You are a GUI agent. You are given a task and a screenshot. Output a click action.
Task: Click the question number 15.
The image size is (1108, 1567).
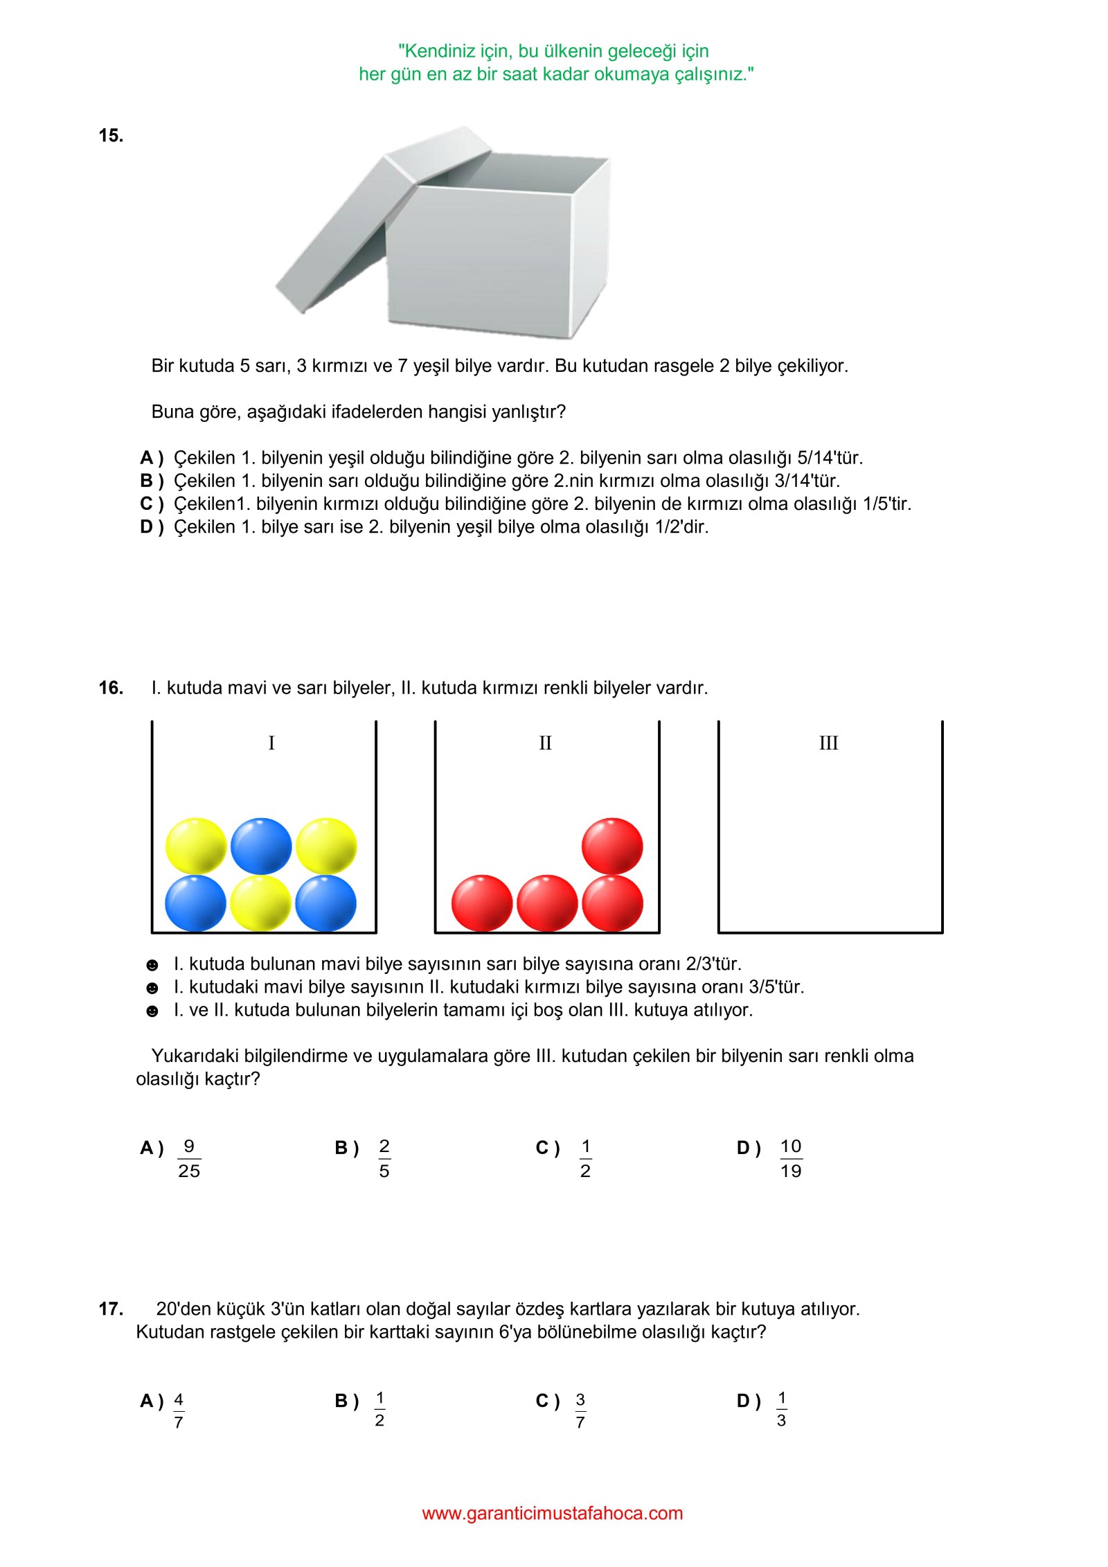pyautogui.click(x=111, y=136)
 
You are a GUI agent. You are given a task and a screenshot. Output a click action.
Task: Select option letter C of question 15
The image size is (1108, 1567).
pyautogui.click(x=147, y=504)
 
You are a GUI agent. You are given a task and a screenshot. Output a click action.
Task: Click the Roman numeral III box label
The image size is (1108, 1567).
pyautogui.click(x=828, y=743)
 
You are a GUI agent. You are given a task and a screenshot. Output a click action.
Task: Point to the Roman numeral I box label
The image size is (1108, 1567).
pyautogui.click(x=271, y=743)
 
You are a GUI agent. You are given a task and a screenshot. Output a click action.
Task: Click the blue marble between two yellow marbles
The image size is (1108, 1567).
pyautogui.click(x=261, y=845)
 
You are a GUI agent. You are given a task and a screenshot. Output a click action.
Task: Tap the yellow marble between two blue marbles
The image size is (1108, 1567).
pyautogui.click(x=260, y=903)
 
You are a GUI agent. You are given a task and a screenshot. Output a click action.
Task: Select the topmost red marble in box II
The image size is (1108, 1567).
pyautogui.click(x=612, y=845)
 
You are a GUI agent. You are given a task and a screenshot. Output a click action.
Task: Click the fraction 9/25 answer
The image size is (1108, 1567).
pyautogui.click(x=189, y=1158)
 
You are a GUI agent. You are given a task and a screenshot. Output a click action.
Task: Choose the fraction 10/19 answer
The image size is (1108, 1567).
pyautogui.click(x=791, y=1158)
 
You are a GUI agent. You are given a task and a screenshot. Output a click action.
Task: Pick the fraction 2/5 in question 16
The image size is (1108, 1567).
pyautogui.click(x=384, y=1158)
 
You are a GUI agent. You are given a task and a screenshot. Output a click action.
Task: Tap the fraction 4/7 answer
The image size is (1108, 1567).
pyautogui.click(x=179, y=1410)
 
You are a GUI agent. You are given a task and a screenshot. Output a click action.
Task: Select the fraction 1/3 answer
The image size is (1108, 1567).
pyautogui.click(x=781, y=1409)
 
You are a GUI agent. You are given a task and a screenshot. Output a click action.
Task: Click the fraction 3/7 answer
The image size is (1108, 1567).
pyautogui.click(x=580, y=1410)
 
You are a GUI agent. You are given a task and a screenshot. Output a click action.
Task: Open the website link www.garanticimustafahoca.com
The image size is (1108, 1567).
pyautogui.click(x=553, y=1513)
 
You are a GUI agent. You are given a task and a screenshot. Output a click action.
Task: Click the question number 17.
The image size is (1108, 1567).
pyautogui.click(x=111, y=1309)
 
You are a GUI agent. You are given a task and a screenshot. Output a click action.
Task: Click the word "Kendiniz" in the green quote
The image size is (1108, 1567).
pyautogui.click(x=438, y=51)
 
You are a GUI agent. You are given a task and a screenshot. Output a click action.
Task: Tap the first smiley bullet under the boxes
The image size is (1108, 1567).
pyautogui.click(x=152, y=965)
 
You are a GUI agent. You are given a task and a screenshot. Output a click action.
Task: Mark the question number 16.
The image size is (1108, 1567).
pyautogui.click(x=111, y=688)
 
